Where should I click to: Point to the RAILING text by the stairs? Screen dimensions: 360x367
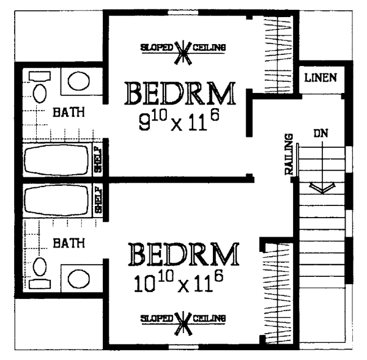[x=289, y=154]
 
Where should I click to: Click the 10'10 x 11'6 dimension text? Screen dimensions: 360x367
[x=179, y=282]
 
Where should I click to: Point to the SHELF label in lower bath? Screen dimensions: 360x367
[x=98, y=199]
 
